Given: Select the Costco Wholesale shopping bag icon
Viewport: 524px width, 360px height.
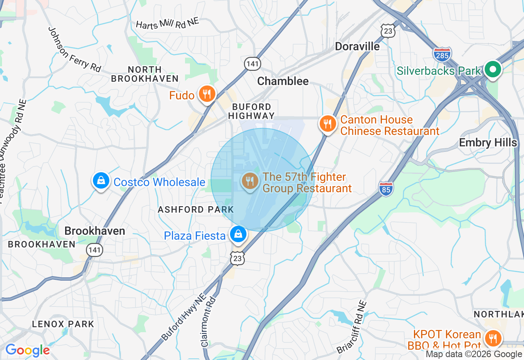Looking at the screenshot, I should [100, 180].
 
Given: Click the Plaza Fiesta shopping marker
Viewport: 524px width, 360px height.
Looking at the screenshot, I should [238, 234].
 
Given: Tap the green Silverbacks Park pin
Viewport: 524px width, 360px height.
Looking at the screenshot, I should [493, 70].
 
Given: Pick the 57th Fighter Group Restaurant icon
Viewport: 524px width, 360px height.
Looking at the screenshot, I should [250, 181].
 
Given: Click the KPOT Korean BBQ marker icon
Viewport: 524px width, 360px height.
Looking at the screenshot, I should [493, 338].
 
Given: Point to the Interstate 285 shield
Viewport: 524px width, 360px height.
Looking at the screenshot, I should [442, 54].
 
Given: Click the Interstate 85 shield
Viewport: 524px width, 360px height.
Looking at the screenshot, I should [386, 188].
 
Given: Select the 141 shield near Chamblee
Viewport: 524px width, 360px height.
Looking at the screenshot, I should [253, 63].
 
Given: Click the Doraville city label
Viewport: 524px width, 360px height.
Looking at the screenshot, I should [357, 46].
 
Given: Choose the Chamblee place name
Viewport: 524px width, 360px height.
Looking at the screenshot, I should [282, 81].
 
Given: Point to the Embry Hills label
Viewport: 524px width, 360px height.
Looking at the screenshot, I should [488, 142].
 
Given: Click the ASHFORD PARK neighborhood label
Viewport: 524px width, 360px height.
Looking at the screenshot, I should [196, 209].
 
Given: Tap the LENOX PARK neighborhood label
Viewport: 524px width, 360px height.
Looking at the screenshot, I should [63, 324].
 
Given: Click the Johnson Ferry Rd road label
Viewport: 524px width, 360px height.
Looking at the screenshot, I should [75, 49].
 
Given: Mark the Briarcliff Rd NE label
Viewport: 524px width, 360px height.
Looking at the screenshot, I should [352, 327].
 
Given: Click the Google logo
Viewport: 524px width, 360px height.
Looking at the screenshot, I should [27, 350].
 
